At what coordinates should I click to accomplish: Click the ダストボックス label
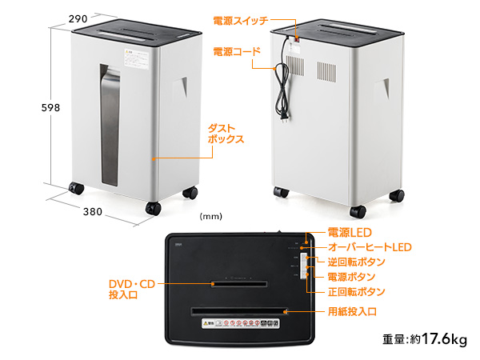pos(226,134)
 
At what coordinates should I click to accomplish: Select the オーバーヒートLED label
pos(370,247)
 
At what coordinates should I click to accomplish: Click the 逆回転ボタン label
pos(357,262)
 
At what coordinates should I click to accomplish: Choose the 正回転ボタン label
pos(357,292)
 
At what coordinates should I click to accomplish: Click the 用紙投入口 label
pos(352,312)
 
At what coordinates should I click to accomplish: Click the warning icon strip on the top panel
pos(240,323)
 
